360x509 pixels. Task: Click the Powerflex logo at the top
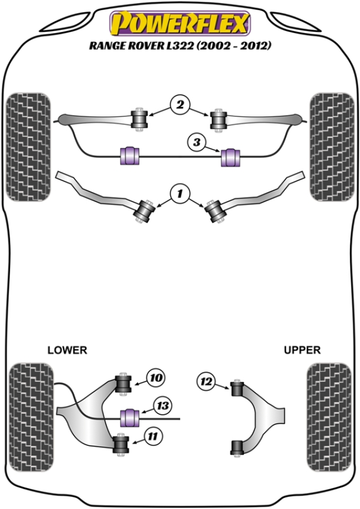[179, 24]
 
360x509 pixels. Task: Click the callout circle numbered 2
[178, 105]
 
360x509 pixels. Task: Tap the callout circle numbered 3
[196, 142]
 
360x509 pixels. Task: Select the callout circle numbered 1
[178, 193]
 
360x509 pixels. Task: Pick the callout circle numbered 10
[155, 378]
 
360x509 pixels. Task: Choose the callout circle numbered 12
[206, 381]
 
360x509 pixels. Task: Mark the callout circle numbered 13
[163, 406]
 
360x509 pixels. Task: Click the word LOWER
[67, 350]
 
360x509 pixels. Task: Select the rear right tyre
[328, 415]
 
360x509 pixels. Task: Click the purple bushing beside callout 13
[130, 415]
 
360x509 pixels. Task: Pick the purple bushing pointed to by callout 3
[231, 157]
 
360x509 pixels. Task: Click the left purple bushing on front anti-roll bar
[130, 154]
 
